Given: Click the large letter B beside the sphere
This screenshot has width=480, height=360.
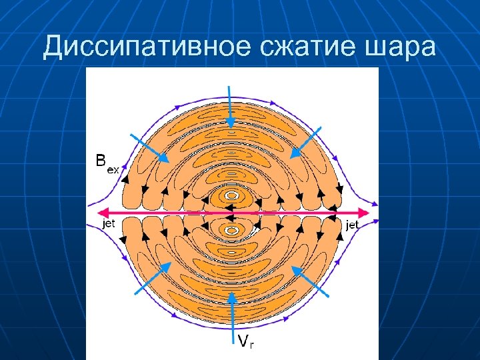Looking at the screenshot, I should [100, 160].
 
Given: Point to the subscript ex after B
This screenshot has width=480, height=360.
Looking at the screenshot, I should [113, 169].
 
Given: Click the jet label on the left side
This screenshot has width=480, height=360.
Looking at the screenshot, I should [108, 224].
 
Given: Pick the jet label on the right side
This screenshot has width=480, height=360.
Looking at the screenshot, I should [353, 225].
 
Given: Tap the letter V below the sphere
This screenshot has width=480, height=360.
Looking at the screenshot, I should [243, 341].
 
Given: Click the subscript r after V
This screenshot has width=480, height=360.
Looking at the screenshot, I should [252, 345].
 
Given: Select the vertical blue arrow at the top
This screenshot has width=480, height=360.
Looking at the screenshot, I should [230, 107].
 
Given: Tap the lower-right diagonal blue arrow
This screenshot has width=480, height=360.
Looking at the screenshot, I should [311, 280].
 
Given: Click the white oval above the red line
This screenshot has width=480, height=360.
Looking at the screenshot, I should [231, 195].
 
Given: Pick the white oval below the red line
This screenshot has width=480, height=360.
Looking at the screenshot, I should [231, 230].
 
